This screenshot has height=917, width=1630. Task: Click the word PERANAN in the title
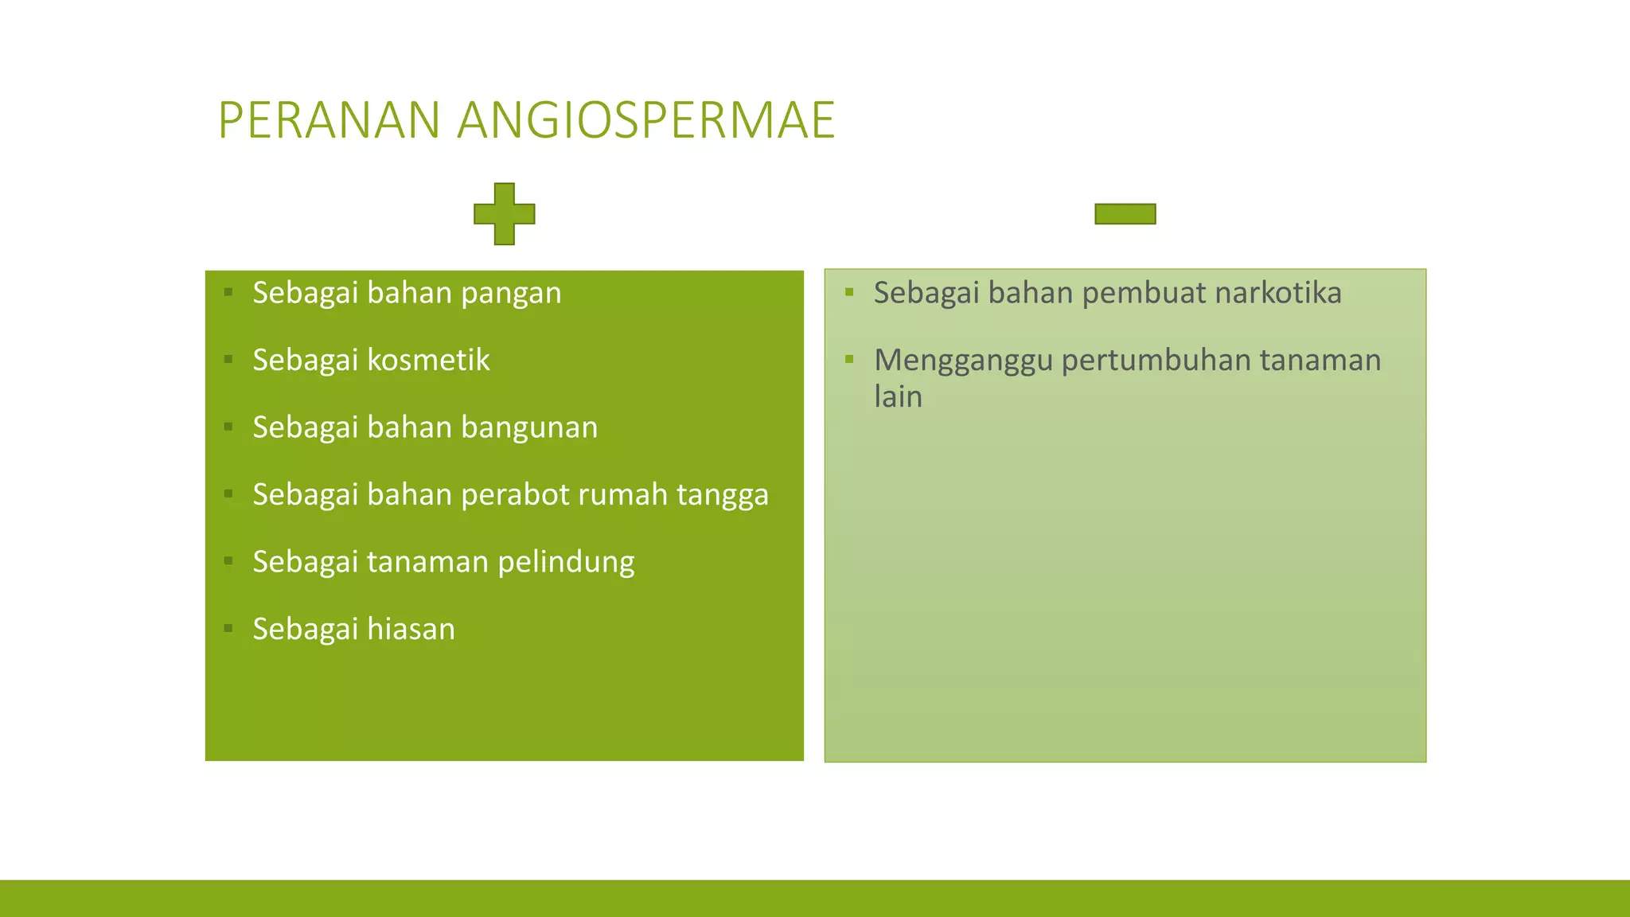coord(329,121)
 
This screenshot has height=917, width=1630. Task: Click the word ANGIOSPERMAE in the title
coord(645,121)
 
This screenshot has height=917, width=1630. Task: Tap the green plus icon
coord(504,213)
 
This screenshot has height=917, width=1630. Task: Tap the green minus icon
coord(1125,213)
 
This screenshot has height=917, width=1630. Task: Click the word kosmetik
coord(428,360)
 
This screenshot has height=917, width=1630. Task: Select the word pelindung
coord(566,562)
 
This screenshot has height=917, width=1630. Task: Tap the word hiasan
coord(411,629)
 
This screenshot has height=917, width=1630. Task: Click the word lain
coord(898,396)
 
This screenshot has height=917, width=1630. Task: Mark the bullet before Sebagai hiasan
coord(228,628)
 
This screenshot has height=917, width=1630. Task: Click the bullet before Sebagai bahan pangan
coord(228,292)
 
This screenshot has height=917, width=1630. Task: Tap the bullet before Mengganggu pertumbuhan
coord(849,359)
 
